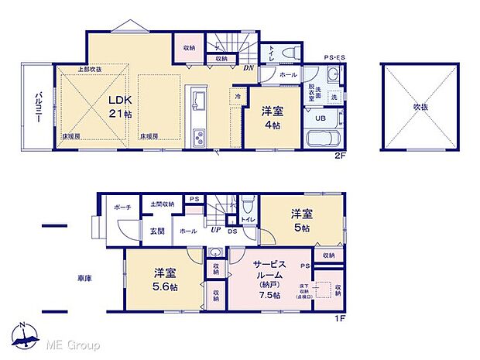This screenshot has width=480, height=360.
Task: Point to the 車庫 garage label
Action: click(85, 278)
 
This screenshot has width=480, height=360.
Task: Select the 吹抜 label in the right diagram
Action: click(420, 106)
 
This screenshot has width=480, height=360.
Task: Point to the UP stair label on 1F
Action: click(214, 231)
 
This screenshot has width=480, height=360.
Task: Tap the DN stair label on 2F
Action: click(248, 67)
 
